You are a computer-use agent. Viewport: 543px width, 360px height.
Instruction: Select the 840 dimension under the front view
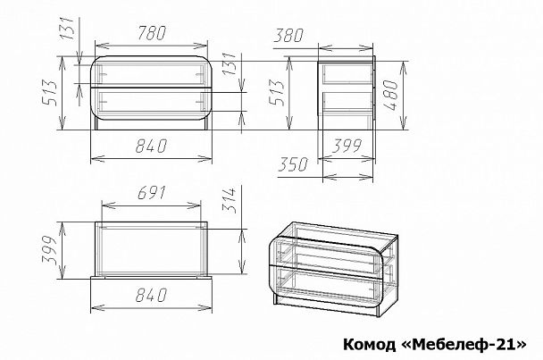click(x=154, y=148)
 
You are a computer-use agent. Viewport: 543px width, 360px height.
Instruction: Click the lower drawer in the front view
click(x=154, y=103)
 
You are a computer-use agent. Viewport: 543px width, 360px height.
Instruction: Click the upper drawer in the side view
click(x=347, y=73)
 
